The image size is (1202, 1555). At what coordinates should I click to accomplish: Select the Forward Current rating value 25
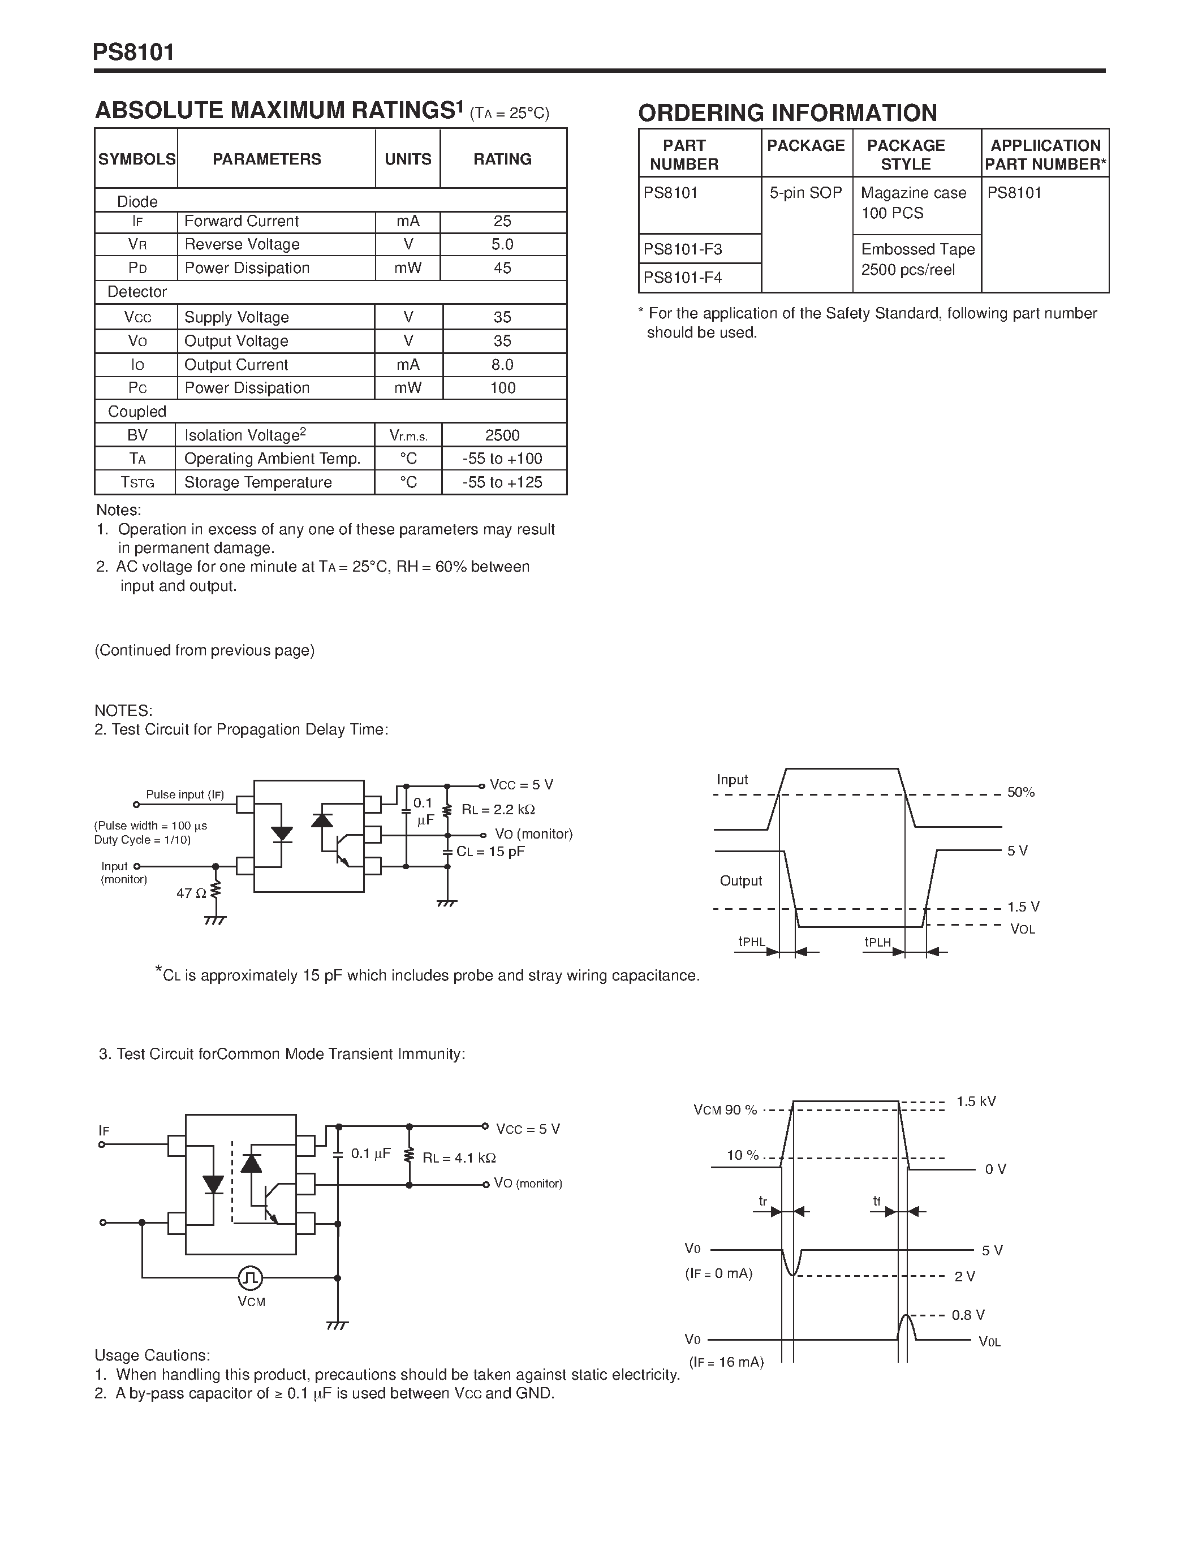(502, 222)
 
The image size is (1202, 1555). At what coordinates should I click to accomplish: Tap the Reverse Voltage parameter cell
(242, 245)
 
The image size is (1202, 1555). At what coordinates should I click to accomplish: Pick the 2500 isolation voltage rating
(502, 435)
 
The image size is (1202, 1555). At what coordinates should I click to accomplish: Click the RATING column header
(502, 159)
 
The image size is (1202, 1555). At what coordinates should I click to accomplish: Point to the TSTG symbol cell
(137, 483)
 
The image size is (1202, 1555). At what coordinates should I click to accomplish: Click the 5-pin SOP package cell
(805, 193)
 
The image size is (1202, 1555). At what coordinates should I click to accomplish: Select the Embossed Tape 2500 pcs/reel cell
(917, 259)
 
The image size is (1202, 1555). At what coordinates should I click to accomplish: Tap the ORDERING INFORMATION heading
(787, 113)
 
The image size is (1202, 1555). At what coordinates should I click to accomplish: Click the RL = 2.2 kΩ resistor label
(498, 810)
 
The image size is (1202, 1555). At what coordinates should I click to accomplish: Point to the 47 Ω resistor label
(191, 893)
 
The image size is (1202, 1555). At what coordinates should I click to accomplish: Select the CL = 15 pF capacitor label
(490, 852)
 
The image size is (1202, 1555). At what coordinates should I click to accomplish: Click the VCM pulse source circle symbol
(250, 1278)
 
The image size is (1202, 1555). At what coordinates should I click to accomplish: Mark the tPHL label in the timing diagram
(751, 942)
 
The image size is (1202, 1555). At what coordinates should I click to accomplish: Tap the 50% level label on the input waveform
(1020, 792)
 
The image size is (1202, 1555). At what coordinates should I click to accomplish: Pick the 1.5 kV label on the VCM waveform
(976, 1102)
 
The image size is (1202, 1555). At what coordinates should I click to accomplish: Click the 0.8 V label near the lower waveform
(968, 1315)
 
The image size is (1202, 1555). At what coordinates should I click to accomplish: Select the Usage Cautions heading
(152, 1355)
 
